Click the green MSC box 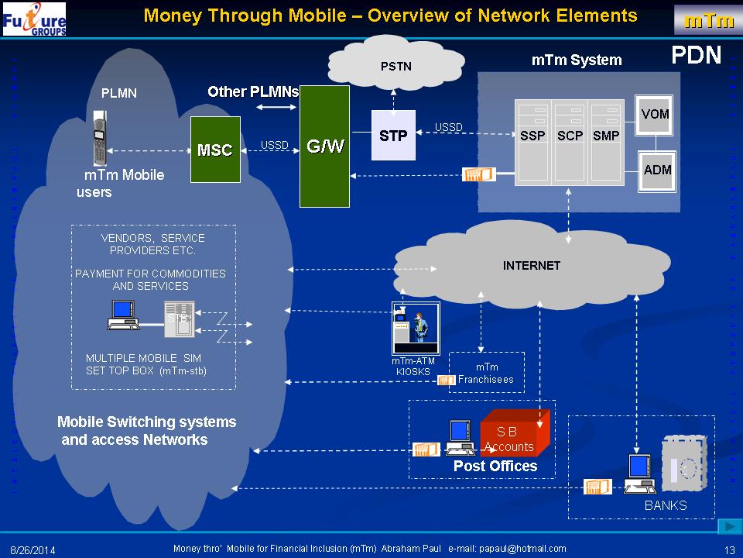214,150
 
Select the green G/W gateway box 325,146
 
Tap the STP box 393,136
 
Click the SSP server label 532,136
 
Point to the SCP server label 570,136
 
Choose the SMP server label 606,136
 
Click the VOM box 656,115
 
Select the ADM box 657,170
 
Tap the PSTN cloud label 395,66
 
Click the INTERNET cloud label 531,266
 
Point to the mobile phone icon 99,138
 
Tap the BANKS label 666,505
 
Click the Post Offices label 495,466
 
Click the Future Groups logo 35,19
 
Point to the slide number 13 728,549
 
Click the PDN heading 696,54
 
